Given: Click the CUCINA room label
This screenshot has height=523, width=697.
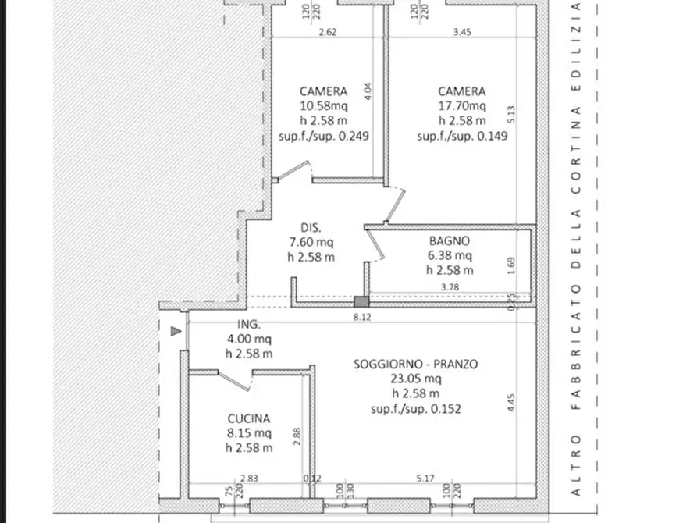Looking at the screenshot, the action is pos(248,418).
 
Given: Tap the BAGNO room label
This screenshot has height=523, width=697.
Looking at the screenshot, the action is pos(449,241).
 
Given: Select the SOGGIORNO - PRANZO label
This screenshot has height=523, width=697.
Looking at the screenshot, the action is pos(415,365).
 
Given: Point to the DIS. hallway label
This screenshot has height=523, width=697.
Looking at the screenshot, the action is pos(311,228).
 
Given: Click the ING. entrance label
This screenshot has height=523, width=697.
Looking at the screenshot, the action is pos(249,324).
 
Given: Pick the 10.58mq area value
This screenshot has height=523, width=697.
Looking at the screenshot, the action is pos(324,106).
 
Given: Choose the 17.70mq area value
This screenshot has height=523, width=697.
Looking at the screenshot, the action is pos(462,106).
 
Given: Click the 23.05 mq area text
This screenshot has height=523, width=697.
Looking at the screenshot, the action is pos(415,379).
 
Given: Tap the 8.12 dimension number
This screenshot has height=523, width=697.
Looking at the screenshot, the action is pos(362,317).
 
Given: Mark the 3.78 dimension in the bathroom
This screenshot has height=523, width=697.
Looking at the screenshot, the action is pos(450,287).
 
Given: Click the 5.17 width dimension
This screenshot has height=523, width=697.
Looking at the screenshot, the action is pos(425,478).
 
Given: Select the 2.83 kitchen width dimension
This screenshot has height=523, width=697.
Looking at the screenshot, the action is pos(249,478).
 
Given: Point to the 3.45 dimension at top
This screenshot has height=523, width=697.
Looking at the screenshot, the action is pos(462,32).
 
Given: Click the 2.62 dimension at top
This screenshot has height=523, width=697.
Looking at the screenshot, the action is pos(328,32).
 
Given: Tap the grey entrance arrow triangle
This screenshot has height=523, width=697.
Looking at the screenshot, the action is pos(176,331).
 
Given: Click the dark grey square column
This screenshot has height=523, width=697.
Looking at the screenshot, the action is pos(361,302).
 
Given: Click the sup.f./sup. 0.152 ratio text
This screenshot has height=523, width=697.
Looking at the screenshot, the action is pos(415,409).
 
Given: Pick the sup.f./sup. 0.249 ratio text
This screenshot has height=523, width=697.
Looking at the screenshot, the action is pos(324,136).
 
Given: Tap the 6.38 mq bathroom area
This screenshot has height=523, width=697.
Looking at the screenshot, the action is pos(450,256).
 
